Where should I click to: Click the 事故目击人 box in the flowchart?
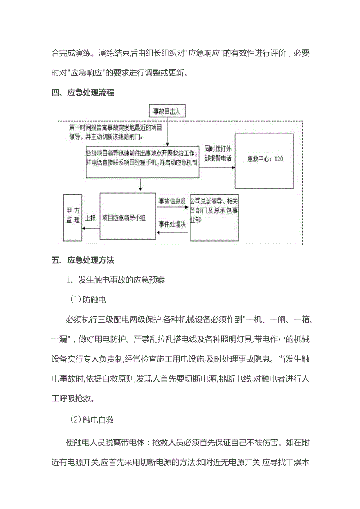click(167, 111)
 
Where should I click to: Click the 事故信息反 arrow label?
click(172, 201)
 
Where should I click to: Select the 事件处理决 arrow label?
click(172, 224)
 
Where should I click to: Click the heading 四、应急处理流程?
click(83, 93)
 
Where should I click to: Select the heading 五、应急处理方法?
click(83, 260)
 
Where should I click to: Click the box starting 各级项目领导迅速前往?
click(142, 162)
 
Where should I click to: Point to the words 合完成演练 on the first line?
click(70, 54)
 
